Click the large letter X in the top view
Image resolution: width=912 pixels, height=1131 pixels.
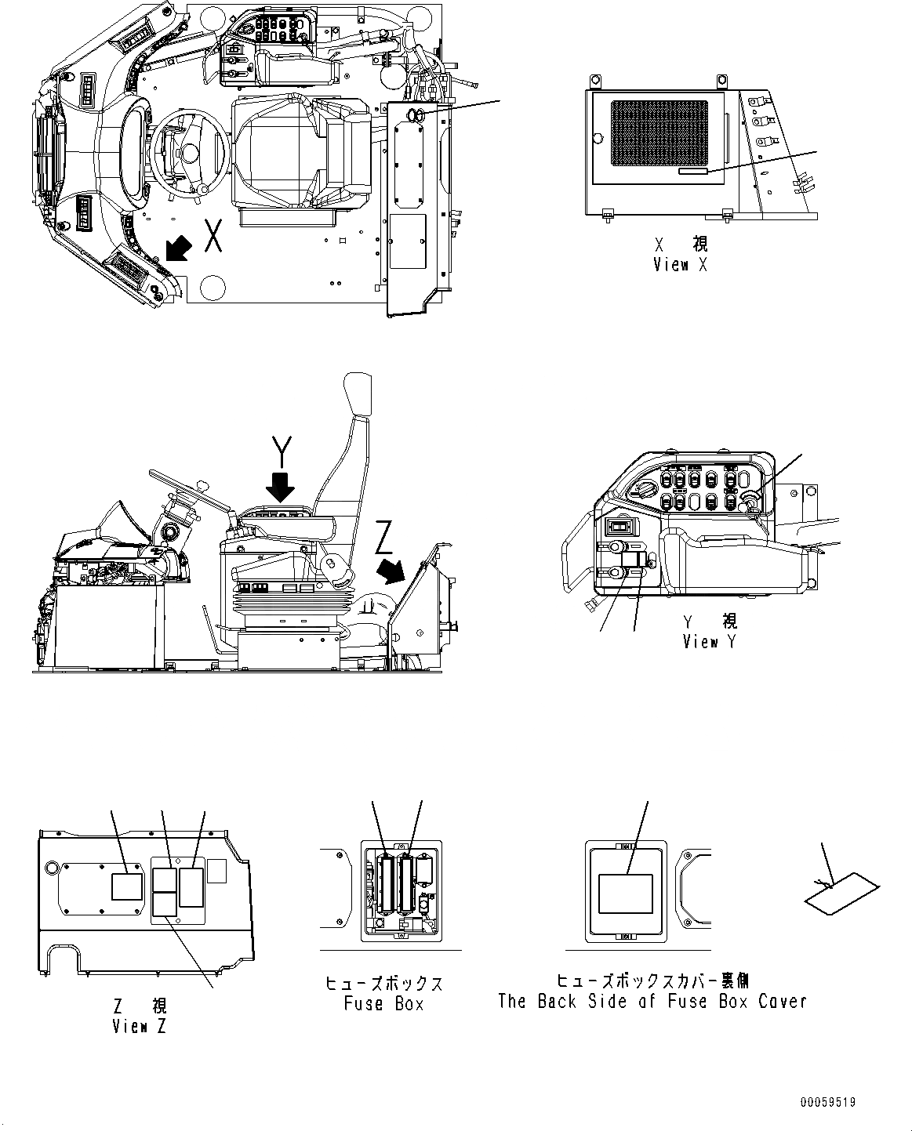[212, 236]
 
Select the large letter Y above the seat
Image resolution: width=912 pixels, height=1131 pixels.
[281, 451]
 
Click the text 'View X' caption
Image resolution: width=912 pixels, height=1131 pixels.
[680, 264]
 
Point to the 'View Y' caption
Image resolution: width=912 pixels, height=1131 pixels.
[710, 641]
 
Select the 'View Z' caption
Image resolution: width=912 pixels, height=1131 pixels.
[139, 1025]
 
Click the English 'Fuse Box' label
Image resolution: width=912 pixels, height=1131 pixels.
[383, 1003]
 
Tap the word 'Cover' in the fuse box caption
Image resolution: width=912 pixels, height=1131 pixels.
[782, 1001]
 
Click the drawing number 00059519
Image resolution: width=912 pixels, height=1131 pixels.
[827, 1102]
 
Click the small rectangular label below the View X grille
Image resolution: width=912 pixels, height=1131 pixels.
[693, 171]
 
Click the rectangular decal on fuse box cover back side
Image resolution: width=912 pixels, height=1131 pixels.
[625, 894]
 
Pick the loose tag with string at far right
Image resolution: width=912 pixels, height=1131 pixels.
[841, 894]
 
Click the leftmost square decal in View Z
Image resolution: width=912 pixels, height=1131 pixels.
[126, 886]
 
